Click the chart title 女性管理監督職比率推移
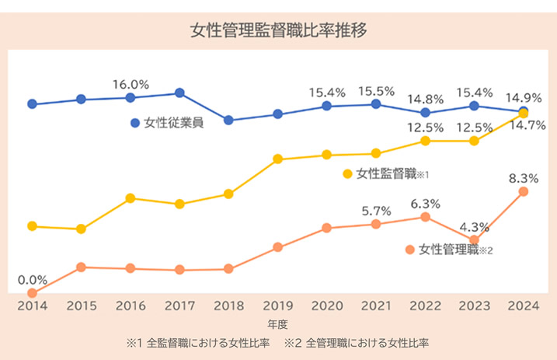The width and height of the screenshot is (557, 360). pos(278,31)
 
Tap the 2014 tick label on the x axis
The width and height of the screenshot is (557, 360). pos(32,306)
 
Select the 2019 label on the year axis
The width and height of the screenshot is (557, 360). pos(278,306)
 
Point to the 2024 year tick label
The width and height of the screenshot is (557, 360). pos(524,306)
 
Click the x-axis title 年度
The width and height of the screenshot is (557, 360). pos(277,323)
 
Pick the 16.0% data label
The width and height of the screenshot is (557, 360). pos(131,84)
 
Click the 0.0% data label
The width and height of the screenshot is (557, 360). pos(32,279)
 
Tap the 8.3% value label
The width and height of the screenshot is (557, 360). pos(524,178)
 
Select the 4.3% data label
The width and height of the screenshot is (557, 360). pos(474,227)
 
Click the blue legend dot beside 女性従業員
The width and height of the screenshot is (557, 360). pos(135,123)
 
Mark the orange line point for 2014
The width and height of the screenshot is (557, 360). pos(32,293)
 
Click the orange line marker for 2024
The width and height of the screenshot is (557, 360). pos(524,191)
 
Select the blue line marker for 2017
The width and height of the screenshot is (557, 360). pos(179,93)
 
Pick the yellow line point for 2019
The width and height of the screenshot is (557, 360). pos(278,159)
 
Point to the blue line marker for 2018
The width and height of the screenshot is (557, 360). pos(228,120)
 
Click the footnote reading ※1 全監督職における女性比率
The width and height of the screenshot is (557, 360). pos(198,342)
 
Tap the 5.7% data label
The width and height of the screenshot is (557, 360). pos(376,211)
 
